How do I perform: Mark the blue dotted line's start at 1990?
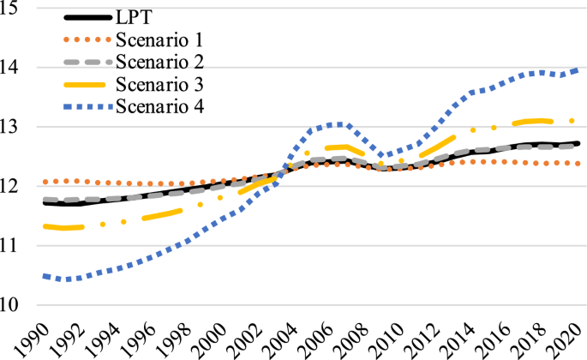pyautogui.click(x=44, y=276)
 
